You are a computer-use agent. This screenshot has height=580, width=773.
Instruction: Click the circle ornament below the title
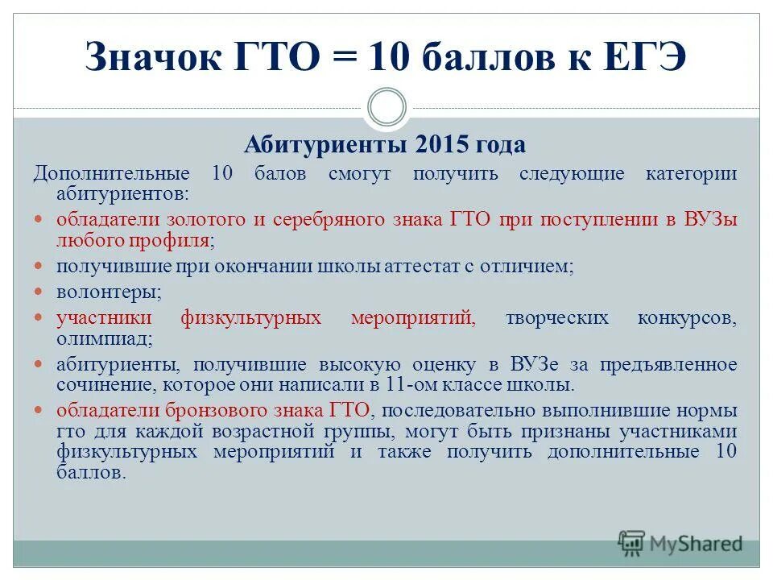pos(386,108)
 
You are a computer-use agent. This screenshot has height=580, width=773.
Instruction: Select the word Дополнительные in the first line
pos(111,174)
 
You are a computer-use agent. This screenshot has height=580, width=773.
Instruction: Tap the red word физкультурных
pos(250,318)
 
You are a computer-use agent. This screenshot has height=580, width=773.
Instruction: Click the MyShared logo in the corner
pos(680,543)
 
